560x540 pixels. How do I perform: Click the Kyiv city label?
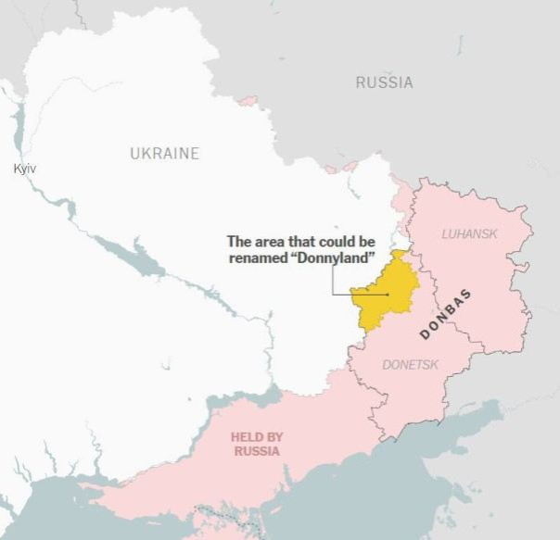[x=23, y=168]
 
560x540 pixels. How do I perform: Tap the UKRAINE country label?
[x=164, y=154]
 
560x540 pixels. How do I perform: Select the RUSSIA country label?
[x=384, y=82]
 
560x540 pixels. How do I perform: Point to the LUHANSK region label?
[x=469, y=233]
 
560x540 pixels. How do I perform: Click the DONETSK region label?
[x=410, y=365]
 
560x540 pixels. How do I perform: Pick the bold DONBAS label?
[x=446, y=314]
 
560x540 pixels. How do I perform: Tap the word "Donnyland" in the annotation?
[x=333, y=257]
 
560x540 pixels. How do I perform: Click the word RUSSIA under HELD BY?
[x=257, y=451]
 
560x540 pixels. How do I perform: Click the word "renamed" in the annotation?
[x=259, y=257]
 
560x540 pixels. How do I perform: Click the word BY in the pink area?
[x=274, y=436]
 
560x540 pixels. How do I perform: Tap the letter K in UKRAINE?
[x=146, y=154]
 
